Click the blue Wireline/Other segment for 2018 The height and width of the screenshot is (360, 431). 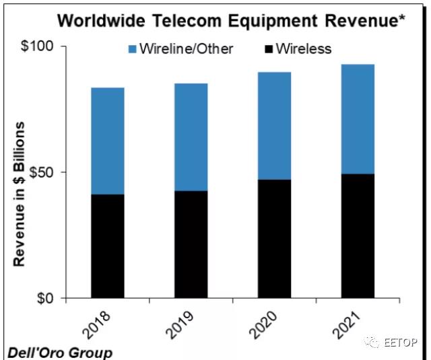pyautogui.click(x=108, y=141)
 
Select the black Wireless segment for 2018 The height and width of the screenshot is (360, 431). pyautogui.click(x=108, y=246)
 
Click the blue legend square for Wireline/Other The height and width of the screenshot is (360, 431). pyautogui.click(x=131, y=49)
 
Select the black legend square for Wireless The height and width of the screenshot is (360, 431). pyautogui.click(x=267, y=49)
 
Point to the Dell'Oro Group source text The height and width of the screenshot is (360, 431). pyautogui.click(x=59, y=352)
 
